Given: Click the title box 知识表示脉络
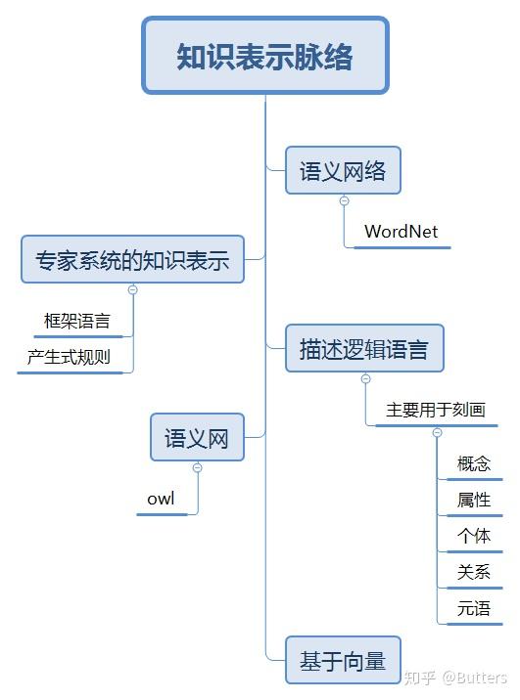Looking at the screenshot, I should [264, 56].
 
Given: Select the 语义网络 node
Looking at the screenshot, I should [343, 171].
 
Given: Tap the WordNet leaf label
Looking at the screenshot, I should [401, 232].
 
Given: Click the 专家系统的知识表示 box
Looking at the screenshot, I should [132, 260].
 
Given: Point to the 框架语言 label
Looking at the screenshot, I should [77, 320].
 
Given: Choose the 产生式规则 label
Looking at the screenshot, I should [69, 357].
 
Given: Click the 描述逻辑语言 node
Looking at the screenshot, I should [364, 348].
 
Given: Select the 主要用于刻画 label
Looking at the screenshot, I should [436, 410].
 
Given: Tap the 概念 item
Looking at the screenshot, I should [474, 463].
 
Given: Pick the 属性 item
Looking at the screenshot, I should [474, 500].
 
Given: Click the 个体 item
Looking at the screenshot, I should [474, 536].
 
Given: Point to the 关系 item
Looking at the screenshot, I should [474, 572].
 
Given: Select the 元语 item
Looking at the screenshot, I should [474, 609].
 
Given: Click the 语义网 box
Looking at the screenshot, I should [197, 438].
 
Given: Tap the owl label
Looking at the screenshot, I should [161, 499].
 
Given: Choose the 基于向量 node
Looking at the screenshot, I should [343, 661].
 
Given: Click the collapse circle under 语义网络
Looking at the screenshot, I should [344, 200].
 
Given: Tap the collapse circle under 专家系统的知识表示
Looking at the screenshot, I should [132, 289].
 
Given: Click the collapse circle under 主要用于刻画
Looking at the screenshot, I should [437, 432].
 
